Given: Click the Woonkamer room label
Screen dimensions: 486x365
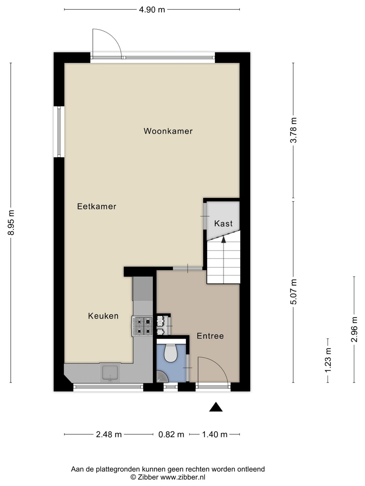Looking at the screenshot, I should (168, 131).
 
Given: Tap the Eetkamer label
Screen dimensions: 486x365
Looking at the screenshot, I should (97, 206).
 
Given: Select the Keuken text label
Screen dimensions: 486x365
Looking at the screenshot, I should (103, 316).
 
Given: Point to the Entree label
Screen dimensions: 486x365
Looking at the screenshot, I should (210, 336).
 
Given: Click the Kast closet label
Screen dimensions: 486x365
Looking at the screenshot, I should (223, 224).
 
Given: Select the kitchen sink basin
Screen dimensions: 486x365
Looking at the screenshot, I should (110, 372).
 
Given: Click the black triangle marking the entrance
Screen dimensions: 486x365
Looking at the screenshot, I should (216, 407).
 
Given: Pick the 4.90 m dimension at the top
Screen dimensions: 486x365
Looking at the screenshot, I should (152, 10).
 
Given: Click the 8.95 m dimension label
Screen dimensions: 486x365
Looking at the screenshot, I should (11, 223).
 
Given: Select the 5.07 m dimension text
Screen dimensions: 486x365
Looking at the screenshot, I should (293, 291).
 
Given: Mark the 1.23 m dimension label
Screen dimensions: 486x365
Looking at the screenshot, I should (328, 360).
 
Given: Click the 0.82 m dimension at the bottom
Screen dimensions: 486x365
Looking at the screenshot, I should (171, 434).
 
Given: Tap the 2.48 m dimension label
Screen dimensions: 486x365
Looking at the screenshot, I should (109, 434).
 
